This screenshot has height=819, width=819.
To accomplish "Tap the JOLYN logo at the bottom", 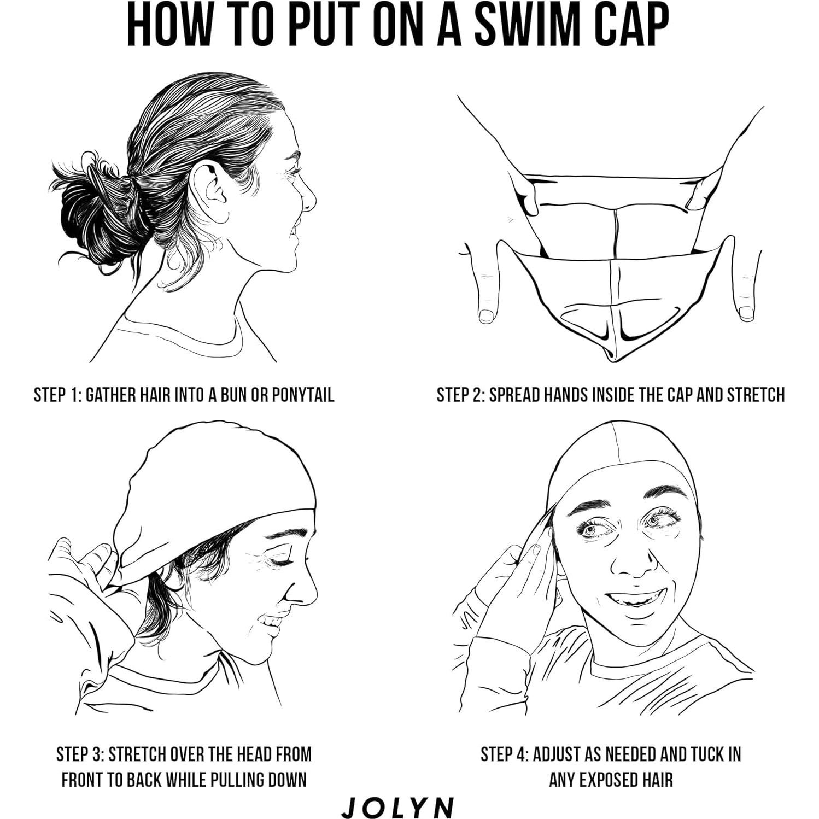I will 397,807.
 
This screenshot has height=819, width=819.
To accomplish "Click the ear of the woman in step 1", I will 210,188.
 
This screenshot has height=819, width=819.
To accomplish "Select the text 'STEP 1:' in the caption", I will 57,394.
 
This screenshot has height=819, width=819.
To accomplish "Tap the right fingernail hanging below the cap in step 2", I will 746,313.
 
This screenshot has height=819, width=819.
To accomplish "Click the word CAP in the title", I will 629,26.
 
